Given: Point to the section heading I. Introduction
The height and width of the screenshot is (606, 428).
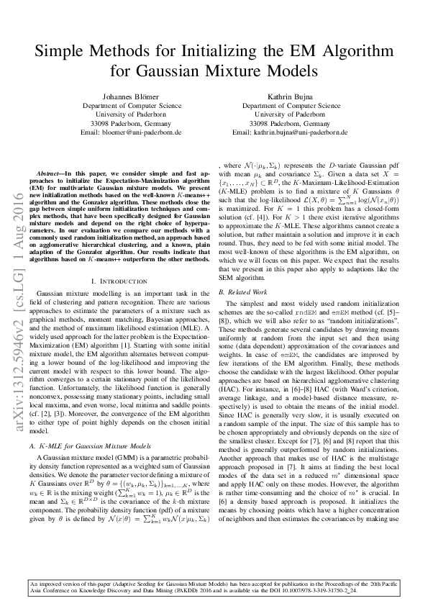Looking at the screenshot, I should (119, 259).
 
